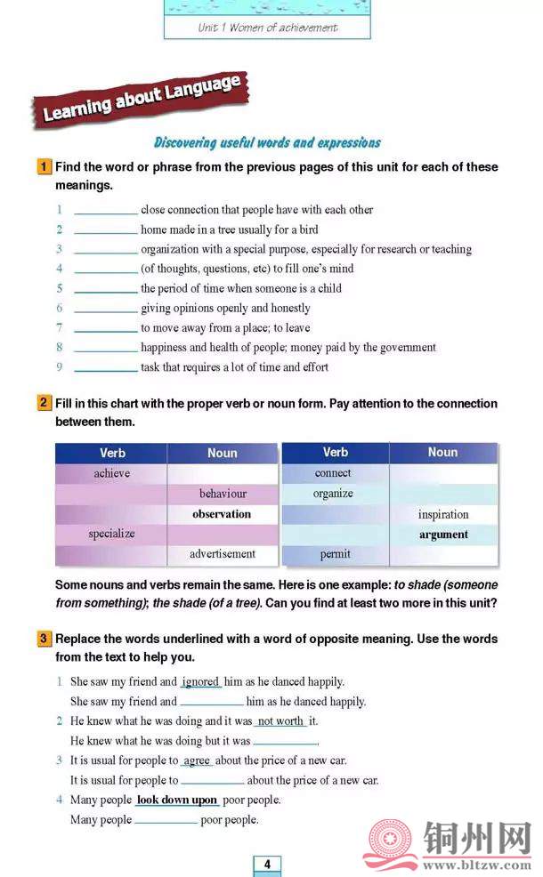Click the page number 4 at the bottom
pos(267,864)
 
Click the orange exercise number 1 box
pos(44,166)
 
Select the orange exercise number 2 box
pos(44,403)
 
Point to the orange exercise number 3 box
pos(44,639)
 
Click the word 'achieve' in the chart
pos(111,473)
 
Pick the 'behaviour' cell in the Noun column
pos(223,494)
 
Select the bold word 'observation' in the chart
pos(222,514)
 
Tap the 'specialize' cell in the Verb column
pos(111,534)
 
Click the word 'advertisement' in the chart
pos(223,553)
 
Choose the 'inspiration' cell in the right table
pos(443,514)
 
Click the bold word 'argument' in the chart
pos(443,535)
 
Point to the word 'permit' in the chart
pos(335,554)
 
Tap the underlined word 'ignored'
pos(200,682)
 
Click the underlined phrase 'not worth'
pos(280,721)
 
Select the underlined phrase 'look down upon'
pos(177,800)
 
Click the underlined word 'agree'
pos(197,760)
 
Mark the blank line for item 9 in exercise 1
pos(105,368)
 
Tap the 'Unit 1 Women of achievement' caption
pos(267,28)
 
